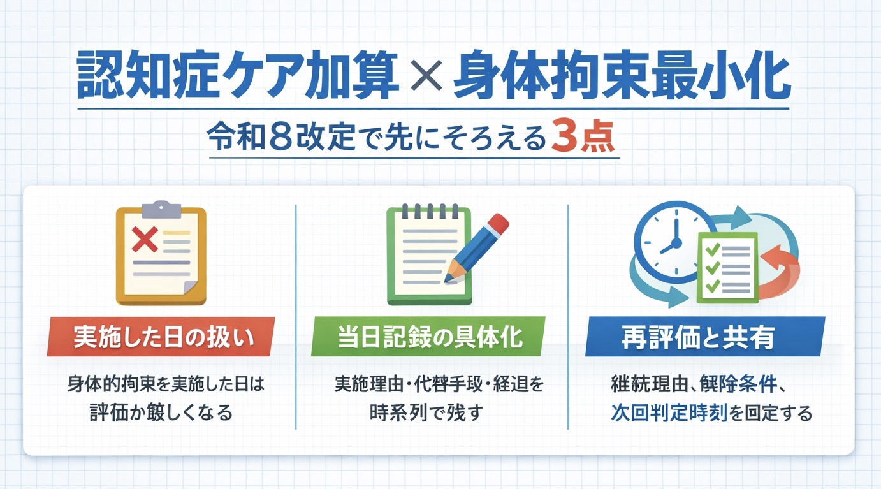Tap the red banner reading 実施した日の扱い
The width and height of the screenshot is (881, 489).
(162, 337)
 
